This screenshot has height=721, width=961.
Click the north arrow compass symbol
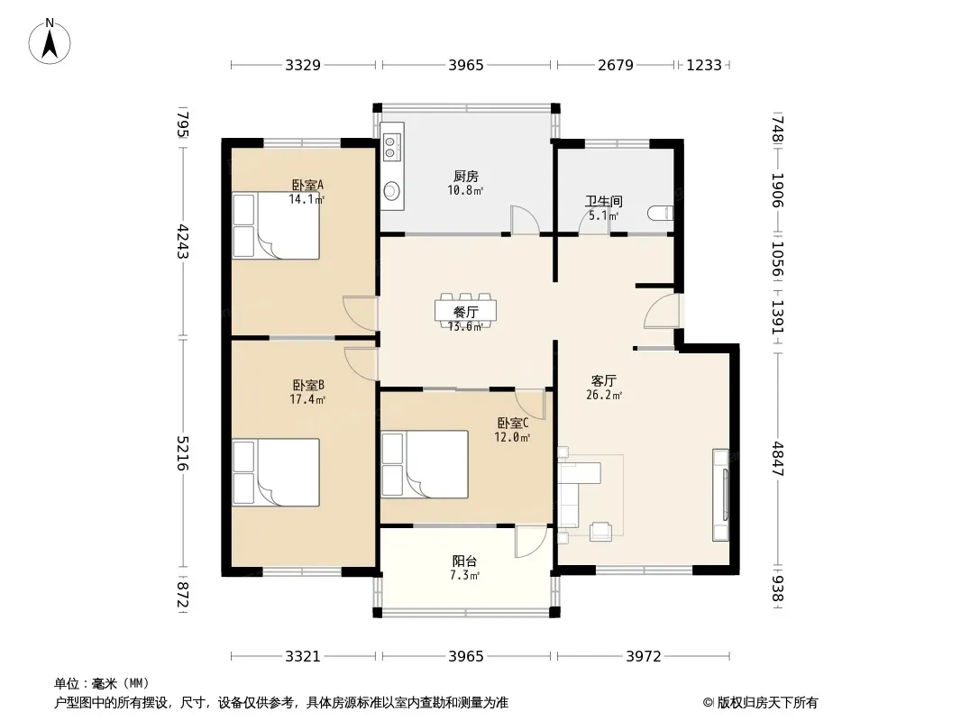tap(50, 41)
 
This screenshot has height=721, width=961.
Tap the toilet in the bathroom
tap(661, 214)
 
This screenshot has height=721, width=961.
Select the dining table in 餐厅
tap(466, 310)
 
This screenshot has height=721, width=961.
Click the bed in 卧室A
tap(276, 225)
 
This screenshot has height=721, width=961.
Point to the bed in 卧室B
tap(276, 472)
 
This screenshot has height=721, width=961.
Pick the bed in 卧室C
tap(425, 464)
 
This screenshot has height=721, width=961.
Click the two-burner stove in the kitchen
tap(391, 148)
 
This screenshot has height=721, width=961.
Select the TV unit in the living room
tap(721, 495)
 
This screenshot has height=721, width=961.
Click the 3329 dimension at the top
tap(303, 65)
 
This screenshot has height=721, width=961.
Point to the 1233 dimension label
tap(703, 65)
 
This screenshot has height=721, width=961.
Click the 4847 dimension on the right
tap(778, 459)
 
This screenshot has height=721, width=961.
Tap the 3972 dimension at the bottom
tap(644, 657)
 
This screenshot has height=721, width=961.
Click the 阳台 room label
tap(464, 561)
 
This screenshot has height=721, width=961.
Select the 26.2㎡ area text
tap(604, 395)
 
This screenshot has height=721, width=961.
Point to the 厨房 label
tap(466, 177)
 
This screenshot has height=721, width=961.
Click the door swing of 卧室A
tap(360, 314)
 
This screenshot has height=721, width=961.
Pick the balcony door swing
tap(531, 542)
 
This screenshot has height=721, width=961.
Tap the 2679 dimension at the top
tap(616, 65)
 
